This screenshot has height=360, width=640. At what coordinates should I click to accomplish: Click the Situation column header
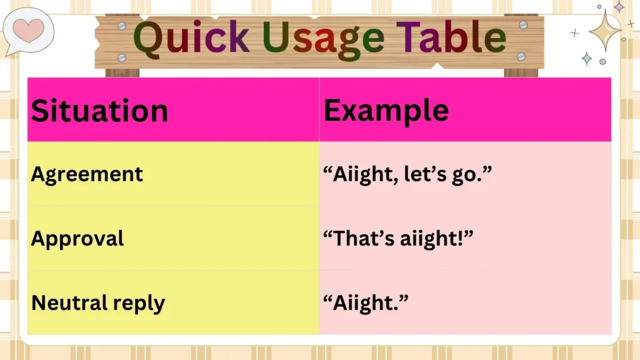[x=99, y=111]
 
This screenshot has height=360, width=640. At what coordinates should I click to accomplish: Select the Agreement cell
[x=87, y=174]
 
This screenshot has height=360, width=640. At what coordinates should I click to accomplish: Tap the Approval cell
[x=77, y=238]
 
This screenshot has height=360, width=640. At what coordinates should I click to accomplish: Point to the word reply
[x=139, y=304]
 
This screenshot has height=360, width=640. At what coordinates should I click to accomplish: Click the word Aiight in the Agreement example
[x=362, y=174]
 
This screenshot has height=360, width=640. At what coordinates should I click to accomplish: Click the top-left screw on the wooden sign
[x=122, y=26]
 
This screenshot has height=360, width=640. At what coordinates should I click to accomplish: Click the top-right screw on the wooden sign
[x=523, y=25]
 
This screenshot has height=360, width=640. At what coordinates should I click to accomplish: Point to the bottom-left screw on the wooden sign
[x=122, y=57]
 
